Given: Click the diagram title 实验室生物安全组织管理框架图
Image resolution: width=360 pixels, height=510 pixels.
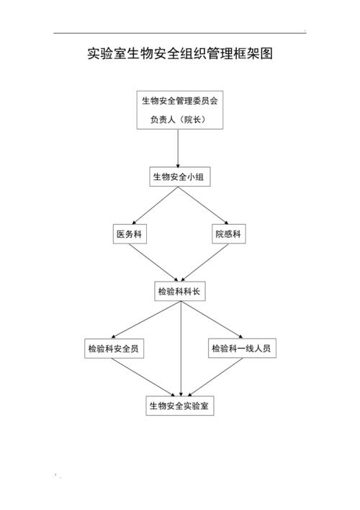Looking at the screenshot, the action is pos(180,54).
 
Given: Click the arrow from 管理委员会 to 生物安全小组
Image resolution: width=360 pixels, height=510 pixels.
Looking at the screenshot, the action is pos(179,148).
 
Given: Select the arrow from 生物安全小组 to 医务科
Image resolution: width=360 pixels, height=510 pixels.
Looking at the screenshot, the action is pos(155,205).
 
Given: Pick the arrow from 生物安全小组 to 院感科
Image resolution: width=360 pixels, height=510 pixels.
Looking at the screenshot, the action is pos(203,205).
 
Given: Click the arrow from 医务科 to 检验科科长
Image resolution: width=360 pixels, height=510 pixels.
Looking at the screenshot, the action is pos(153,262).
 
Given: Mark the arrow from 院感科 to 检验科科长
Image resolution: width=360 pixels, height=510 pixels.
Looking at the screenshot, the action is pos(205,262).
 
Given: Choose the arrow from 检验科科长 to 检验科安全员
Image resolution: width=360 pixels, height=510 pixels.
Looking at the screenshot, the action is pos(145,320).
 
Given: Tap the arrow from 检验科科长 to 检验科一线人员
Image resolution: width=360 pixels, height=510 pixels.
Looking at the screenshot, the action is pos(212,320).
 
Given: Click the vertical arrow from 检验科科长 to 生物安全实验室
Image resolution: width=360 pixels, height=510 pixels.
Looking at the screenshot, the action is pos(181,349).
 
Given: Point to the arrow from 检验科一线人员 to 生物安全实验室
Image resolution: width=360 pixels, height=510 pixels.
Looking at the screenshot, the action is pos(215,377).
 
